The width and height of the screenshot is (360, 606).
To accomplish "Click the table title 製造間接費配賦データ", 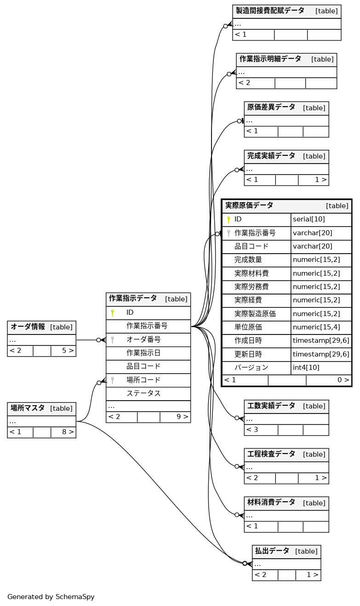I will click(270, 11).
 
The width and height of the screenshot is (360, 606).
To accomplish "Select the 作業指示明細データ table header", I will click(270, 59).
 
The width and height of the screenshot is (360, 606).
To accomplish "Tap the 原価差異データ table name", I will click(271, 107).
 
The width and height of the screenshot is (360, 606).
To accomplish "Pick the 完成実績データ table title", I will click(271, 156).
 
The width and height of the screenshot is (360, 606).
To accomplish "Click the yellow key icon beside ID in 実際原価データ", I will click(229, 220).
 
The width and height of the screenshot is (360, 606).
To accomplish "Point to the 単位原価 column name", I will click(248, 327).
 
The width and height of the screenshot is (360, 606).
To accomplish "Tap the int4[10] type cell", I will click(306, 368).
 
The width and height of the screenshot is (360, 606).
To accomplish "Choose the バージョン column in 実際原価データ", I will click(251, 368).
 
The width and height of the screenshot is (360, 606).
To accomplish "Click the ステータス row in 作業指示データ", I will click(143, 394).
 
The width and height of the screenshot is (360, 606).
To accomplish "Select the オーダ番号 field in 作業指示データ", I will click(143, 340).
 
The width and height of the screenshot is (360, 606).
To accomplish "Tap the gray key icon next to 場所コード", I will click(112, 380).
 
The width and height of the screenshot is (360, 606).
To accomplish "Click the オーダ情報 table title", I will click(28, 327).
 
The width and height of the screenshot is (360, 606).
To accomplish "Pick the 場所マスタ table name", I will click(28, 408).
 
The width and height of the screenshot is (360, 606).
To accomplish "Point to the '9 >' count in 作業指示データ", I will click(182, 417).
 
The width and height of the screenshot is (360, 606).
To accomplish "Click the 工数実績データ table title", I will click(271, 406).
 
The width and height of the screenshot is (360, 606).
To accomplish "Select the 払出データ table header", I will click(272, 551).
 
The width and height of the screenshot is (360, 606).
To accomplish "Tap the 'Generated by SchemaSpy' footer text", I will click(51, 597).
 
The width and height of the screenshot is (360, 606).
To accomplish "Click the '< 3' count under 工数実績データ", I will click(252, 430).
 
